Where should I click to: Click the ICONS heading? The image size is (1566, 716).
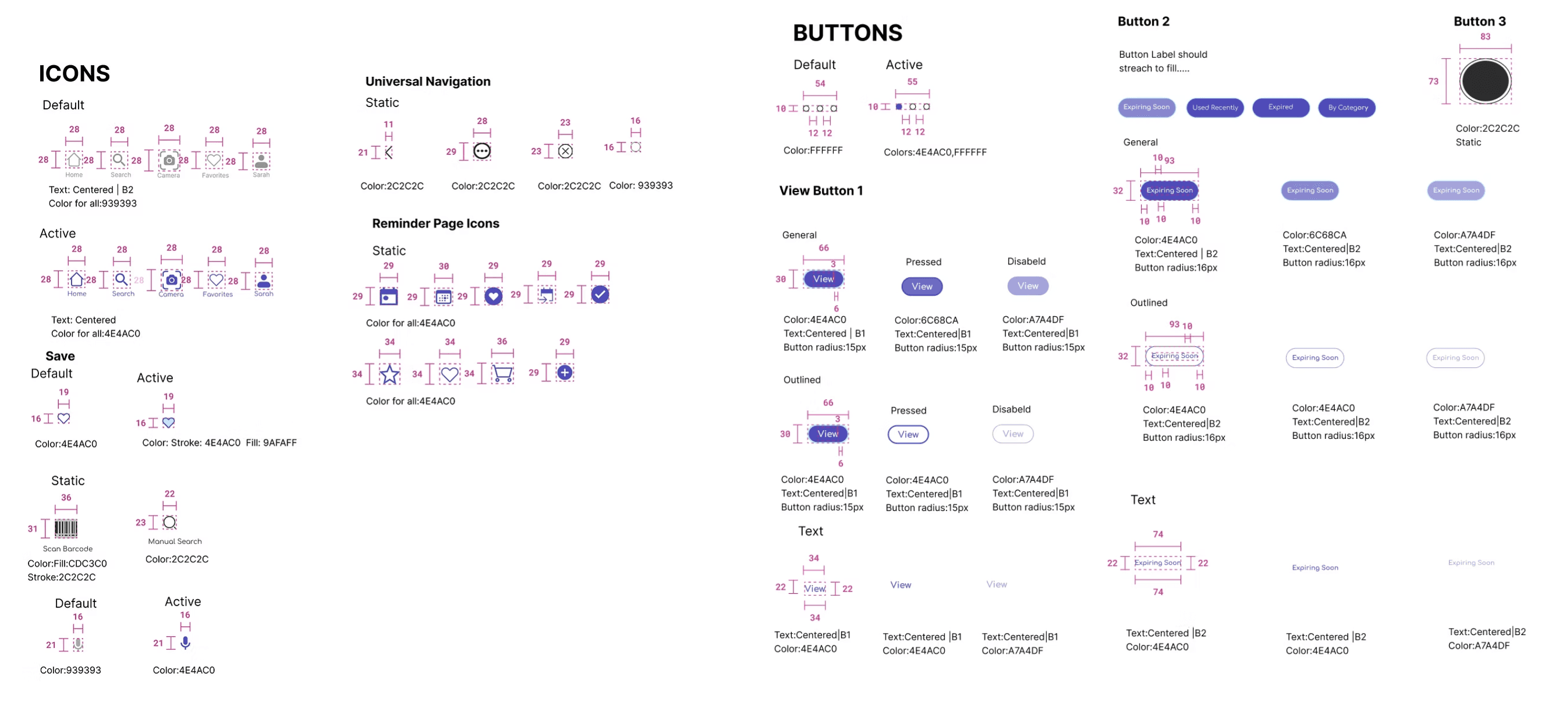[74, 73]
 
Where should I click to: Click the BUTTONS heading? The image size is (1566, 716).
[847, 33]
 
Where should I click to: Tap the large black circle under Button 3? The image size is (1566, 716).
[1484, 81]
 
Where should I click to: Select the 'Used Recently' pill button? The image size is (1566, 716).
[1214, 108]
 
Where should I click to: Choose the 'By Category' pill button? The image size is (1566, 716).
[1347, 108]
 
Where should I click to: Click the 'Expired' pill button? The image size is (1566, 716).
[1280, 107]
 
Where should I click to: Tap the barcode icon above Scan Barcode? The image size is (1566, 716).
[66, 528]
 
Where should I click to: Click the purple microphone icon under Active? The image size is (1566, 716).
[185, 643]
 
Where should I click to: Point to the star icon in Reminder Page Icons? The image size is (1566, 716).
[389, 374]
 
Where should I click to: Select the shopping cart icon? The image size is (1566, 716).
[503, 373]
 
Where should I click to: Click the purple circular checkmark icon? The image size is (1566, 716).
[600, 295]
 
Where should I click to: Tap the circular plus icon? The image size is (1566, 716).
[565, 373]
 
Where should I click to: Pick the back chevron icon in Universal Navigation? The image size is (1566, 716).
[388, 152]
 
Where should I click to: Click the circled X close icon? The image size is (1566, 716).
[565, 151]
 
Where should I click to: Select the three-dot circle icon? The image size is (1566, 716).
[482, 151]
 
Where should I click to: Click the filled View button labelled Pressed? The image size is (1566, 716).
[922, 286]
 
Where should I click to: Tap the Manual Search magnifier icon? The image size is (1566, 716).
[169, 522]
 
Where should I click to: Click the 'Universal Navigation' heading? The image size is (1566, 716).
[427, 81]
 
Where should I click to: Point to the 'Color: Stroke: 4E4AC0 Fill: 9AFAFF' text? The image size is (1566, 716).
[219, 442]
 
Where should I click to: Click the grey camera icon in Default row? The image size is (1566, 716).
[169, 161]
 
